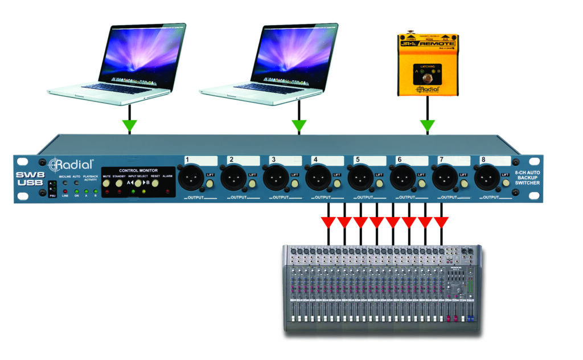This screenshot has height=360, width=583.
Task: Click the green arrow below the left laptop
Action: [x=130, y=124]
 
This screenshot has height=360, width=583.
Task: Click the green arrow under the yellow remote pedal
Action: [x=426, y=124]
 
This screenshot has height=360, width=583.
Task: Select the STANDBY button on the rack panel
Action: [x=119, y=183]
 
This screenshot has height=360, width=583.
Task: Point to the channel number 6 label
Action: [x=400, y=159]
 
